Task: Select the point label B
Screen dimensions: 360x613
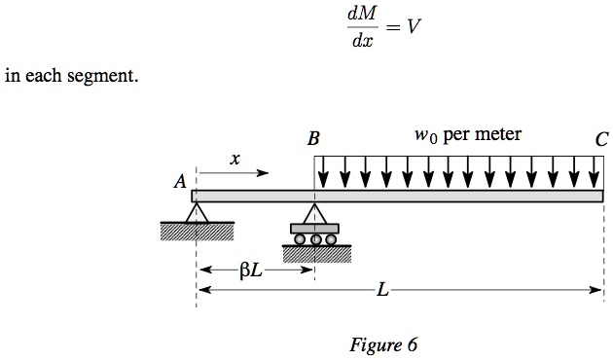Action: tap(313, 140)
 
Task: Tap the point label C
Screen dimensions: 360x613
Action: tap(602, 140)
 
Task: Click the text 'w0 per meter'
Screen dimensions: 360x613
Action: tap(467, 134)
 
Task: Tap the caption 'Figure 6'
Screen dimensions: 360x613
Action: tap(382, 345)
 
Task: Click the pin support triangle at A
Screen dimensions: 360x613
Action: tap(198, 213)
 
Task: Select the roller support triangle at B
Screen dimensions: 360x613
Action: tap(313, 213)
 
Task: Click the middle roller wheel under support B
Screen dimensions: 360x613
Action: tap(314, 239)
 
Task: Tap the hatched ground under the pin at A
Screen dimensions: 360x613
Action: tap(198, 232)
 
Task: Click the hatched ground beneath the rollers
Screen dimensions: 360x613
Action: tap(314, 254)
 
